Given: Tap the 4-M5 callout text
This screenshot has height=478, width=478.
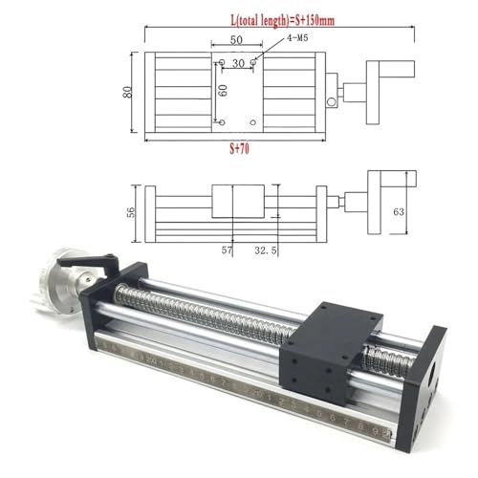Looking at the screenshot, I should pos(274,39).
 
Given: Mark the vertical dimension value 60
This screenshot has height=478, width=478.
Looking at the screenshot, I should pos(223,92).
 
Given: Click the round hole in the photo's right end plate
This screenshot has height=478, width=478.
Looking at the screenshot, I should pos(429,361).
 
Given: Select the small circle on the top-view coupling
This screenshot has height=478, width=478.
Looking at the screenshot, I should pos(332,101).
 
